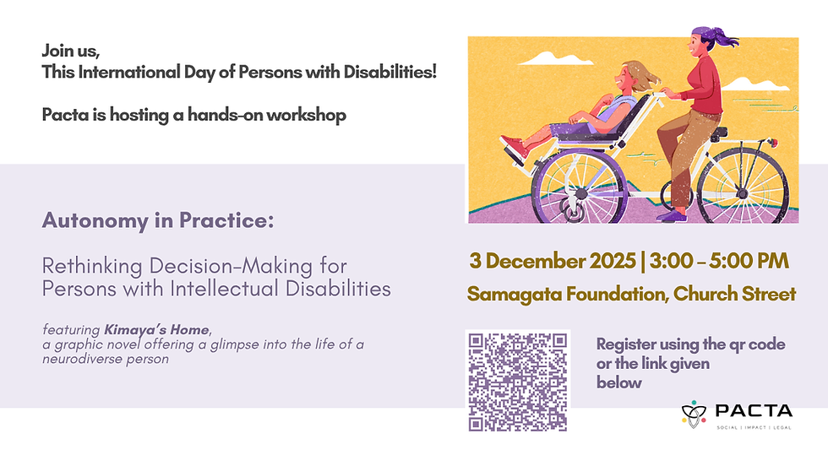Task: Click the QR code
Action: pos(517,381)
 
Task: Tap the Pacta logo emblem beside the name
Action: pos(694,414)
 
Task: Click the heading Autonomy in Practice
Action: pos(158,222)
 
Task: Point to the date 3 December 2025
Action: pos(553,261)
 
